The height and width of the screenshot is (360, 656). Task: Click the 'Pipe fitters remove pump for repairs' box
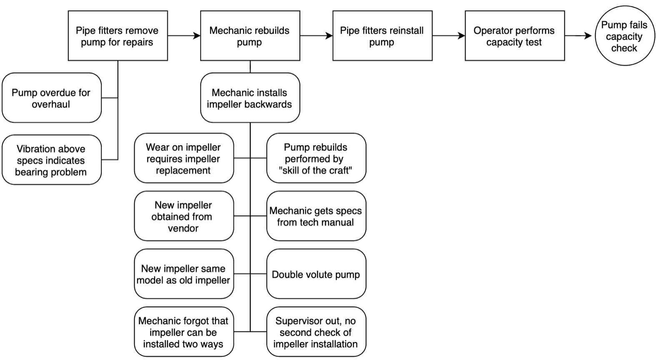[x=118, y=36]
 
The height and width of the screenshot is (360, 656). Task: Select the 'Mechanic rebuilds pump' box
[x=250, y=36]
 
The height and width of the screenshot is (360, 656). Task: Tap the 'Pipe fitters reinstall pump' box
[x=382, y=36]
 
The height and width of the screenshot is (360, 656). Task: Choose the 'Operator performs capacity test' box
[x=514, y=36]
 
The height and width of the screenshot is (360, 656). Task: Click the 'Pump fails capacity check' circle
[x=624, y=36]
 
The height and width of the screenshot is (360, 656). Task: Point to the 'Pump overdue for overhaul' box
[x=51, y=98]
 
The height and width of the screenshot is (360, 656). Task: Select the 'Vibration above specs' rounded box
[x=51, y=160]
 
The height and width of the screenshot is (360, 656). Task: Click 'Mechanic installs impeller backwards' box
[x=250, y=98]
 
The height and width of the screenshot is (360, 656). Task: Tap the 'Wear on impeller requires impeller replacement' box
[x=183, y=158]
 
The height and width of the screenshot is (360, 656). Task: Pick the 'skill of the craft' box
[x=316, y=158]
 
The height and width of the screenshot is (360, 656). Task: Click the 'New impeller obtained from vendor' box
[x=183, y=216]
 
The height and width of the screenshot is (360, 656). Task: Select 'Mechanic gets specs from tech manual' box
[x=316, y=216]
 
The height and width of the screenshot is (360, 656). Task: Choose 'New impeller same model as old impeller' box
[x=183, y=274]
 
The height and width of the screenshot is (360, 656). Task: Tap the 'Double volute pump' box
[x=316, y=274]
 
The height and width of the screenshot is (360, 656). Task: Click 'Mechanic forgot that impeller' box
[x=183, y=332]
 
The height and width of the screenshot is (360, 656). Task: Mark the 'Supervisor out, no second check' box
[x=316, y=332]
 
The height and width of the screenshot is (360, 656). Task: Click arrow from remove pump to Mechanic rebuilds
[x=184, y=36]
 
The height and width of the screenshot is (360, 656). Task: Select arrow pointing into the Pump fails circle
[x=579, y=36]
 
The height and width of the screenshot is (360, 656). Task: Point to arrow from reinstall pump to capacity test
[x=448, y=36]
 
